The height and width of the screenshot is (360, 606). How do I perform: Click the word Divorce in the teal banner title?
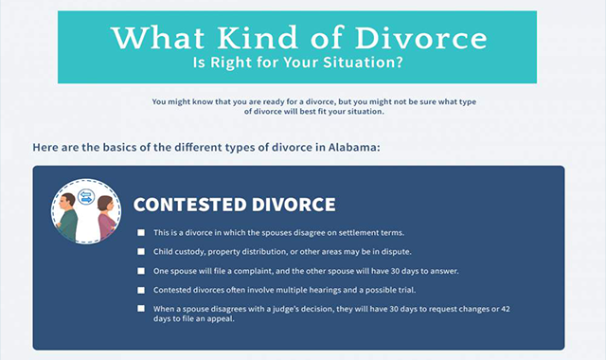pyautogui.click(x=426, y=38)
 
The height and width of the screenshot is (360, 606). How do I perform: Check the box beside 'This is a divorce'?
pyautogui.click(x=140, y=233)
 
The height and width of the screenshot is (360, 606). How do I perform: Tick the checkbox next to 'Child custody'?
pyautogui.click(x=140, y=252)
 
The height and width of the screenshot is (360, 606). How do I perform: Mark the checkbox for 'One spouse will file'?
pyautogui.click(x=140, y=271)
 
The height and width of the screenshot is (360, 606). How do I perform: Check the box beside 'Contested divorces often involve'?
pyautogui.click(x=140, y=290)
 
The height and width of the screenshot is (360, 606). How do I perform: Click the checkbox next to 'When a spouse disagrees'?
pyautogui.click(x=140, y=309)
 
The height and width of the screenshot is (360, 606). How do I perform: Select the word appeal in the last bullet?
pyautogui.click(x=206, y=319)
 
